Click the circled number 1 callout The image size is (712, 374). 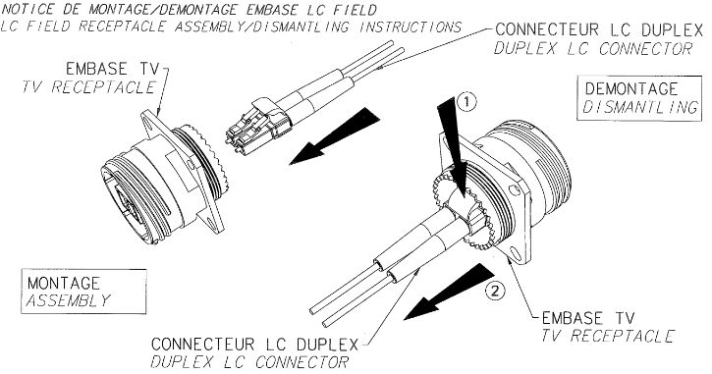(x=466, y=102)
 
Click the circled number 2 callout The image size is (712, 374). (x=495, y=290)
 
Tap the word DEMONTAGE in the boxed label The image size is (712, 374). (x=631, y=88)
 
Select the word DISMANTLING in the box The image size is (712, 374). (x=639, y=108)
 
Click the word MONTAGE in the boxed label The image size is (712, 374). (x=64, y=284)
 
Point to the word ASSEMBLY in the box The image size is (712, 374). (x=68, y=300)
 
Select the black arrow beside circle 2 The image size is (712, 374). (x=448, y=292)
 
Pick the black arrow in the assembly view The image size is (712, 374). (x=334, y=135)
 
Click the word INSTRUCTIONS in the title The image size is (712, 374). (x=411, y=27)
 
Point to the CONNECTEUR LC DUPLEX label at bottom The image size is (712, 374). (x=254, y=344)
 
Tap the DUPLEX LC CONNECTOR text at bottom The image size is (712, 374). (x=249, y=362)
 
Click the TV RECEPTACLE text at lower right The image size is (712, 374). (x=608, y=336)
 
